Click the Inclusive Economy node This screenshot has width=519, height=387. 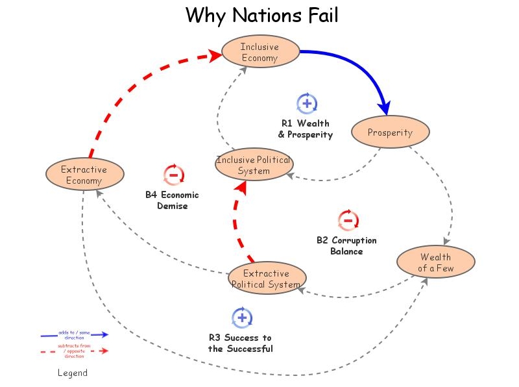click(260, 52)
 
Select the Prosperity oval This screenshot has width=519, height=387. click(390, 132)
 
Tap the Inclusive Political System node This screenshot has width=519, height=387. click(253, 166)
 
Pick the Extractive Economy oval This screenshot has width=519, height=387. click(84, 175)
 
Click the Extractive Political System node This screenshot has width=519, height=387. click(266, 279)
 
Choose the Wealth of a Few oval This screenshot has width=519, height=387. click(436, 263)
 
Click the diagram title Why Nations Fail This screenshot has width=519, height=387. click(261, 15)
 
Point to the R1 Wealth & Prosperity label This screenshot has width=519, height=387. click(305, 129)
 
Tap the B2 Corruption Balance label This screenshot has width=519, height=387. click(346, 245)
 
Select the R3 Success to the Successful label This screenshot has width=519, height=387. click(240, 343)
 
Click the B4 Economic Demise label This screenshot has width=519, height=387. click(172, 200)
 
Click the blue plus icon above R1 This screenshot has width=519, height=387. click(306, 103)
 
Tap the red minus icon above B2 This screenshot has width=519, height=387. click(348, 220)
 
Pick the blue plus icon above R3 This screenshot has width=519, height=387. click(241, 317)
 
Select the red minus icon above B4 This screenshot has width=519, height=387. click(173, 174)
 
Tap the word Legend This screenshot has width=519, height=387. click(73, 373)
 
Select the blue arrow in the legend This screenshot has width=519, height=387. click(74, 335)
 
